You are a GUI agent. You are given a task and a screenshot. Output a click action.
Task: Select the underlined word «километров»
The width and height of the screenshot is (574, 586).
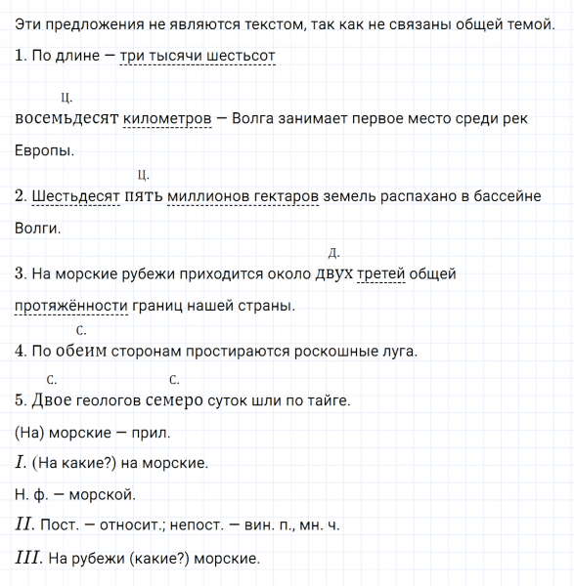pyautogui.click(x=168, y=119)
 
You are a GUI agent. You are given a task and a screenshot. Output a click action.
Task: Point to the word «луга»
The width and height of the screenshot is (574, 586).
pyautogui.click(x=397, y=352)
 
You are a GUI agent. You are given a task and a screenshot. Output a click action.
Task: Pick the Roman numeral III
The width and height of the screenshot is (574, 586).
pyautogui.click(x=26, y=558)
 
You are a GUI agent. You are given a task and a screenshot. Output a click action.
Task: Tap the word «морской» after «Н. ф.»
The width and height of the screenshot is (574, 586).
pyautogui.click(x=103, y=494)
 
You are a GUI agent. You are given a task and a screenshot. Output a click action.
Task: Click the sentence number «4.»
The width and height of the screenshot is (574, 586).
pyautogui.click(x=22, y=352)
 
